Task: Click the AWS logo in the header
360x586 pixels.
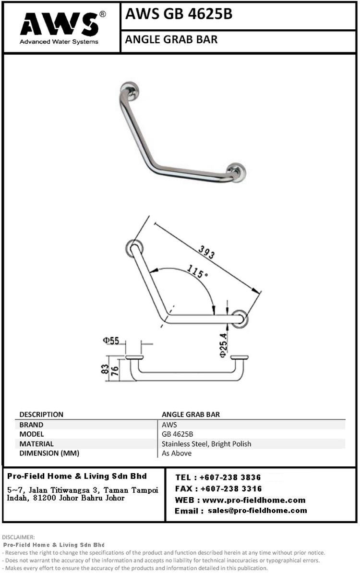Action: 60,28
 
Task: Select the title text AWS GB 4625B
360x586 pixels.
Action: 179,14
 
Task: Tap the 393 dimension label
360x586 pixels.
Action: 206,252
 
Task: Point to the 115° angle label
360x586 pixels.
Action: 197,271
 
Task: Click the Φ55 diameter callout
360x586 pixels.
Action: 111,341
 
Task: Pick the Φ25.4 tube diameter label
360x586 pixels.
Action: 223,345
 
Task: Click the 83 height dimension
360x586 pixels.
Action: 105,369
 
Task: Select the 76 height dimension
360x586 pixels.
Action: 115,371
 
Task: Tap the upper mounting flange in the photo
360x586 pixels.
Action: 130,90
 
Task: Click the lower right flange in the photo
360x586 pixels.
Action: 236,172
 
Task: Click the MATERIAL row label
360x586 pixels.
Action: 36,444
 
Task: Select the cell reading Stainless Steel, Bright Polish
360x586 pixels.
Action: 206,444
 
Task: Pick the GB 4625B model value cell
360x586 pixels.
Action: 177,434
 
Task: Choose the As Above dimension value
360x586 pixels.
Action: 177,453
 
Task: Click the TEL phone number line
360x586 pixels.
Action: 218,477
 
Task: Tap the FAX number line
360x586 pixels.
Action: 218,488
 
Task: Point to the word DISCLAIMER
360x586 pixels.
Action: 18,537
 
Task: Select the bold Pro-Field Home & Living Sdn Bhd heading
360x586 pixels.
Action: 77,476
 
